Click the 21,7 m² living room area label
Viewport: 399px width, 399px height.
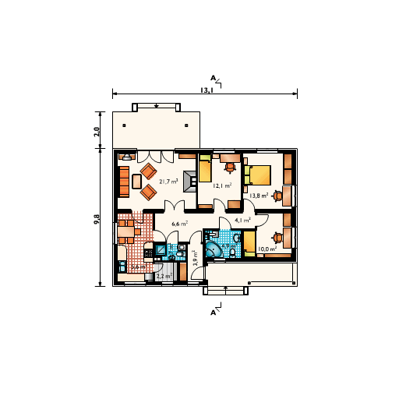(168, 182)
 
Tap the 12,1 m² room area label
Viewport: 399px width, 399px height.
(222, 186)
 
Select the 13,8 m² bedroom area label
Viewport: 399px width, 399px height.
(259, 196)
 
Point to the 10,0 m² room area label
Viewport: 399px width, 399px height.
(267, 249)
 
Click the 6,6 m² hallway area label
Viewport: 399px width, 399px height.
(179, 224)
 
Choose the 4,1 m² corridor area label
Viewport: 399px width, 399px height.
(242, 221)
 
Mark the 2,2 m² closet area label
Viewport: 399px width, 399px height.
(164, 276)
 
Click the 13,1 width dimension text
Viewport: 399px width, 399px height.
(207, 90)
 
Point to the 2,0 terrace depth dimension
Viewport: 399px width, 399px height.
(97, 130)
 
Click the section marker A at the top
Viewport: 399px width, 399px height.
(213, 78)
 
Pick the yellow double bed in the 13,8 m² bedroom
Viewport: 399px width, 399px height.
(260, 176)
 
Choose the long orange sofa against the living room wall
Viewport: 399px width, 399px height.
(123, 180)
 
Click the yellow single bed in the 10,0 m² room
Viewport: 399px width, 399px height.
(249, 243)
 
